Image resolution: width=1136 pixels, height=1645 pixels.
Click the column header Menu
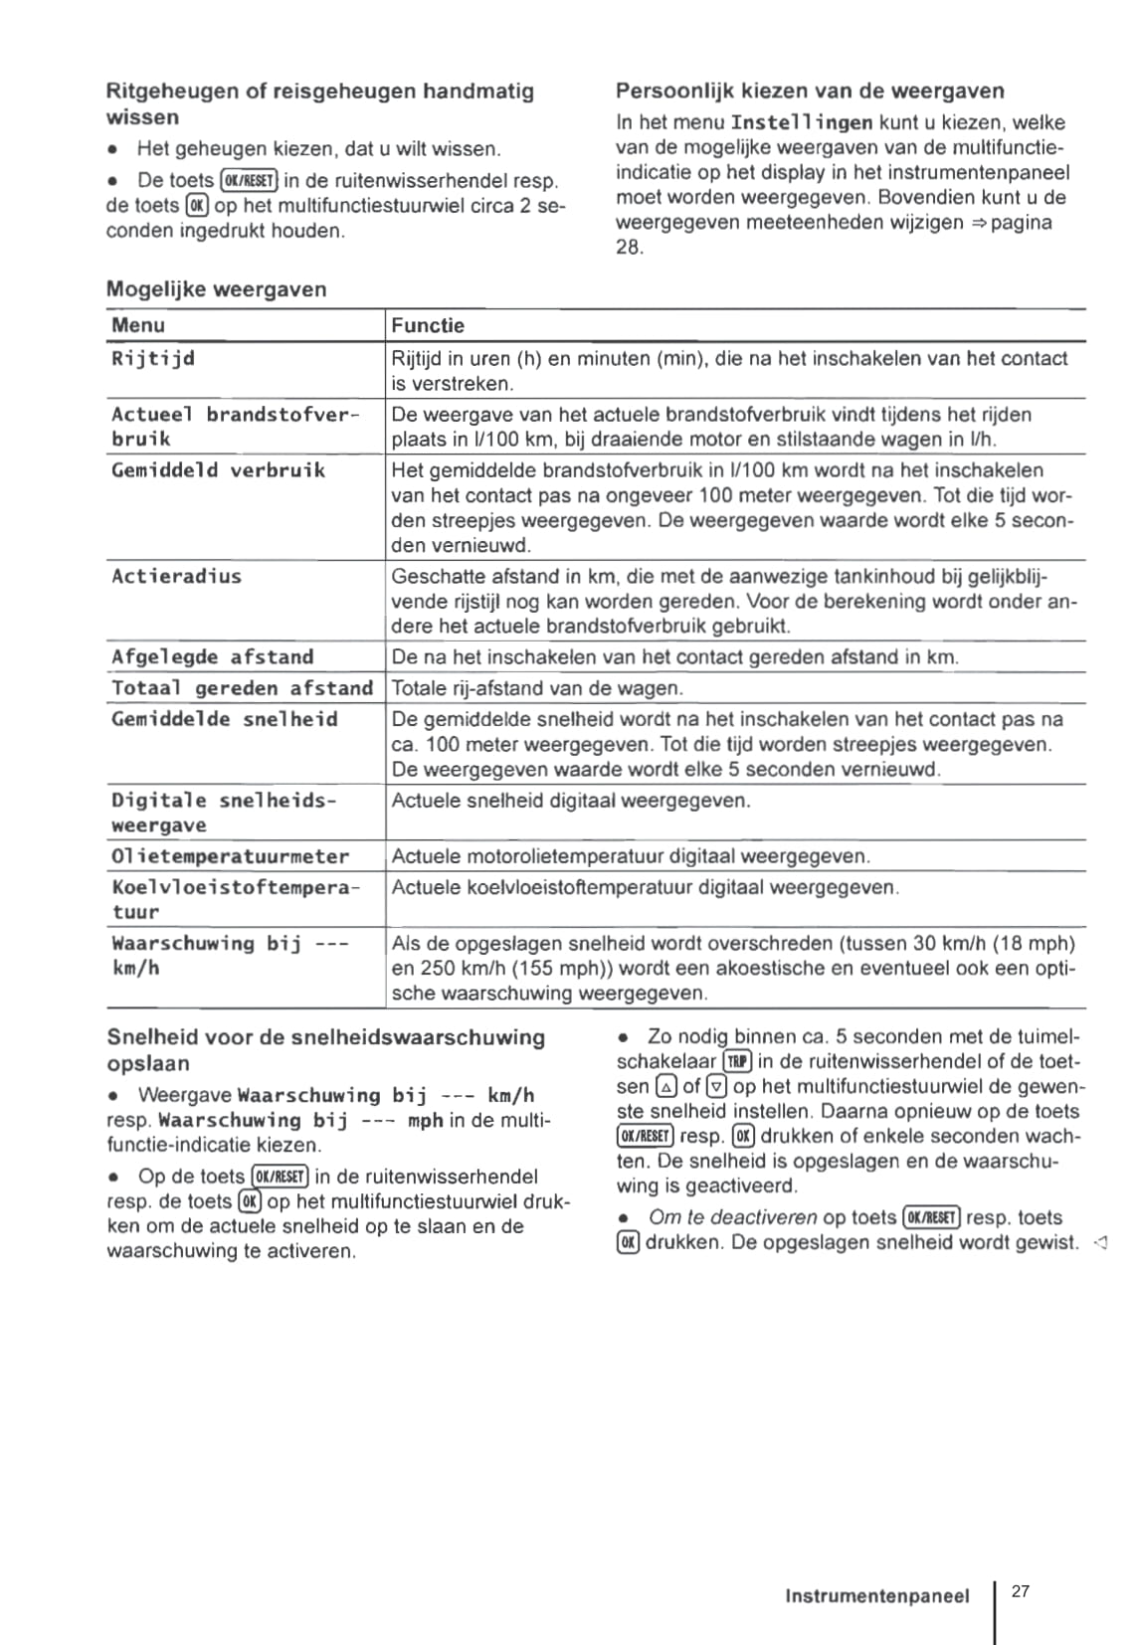(138, 325)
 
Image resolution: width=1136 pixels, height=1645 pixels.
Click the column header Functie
(428, 325)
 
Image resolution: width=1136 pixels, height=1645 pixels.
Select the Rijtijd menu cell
(153, 358)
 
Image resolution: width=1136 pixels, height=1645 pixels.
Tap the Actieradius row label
(176, 576)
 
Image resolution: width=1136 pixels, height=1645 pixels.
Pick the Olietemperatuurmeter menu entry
(230, 856)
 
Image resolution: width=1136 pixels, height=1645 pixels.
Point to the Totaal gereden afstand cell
(242, 688)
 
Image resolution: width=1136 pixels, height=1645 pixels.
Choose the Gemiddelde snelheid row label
(224, 719)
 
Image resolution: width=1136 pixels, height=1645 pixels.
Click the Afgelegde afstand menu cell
(212, 656)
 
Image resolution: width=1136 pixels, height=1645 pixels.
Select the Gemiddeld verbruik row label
(218, 470)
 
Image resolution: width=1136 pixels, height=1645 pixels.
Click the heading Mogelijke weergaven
(216, 289)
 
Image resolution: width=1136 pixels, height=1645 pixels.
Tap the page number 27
(1021, 1591)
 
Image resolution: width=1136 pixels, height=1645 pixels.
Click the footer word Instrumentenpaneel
(876, 1596)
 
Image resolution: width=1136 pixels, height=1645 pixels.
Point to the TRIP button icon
(738, 1062)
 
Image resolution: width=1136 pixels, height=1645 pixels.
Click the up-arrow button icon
(666, 1087)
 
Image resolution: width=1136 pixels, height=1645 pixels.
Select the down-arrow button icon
(716, 1087)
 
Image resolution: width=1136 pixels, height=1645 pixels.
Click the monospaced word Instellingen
(802, 123)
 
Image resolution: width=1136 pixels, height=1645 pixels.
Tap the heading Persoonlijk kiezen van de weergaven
(810, 91)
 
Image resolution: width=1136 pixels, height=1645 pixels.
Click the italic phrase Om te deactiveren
(732, 1217)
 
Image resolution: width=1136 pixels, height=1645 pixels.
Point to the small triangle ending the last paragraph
(1098, 1242)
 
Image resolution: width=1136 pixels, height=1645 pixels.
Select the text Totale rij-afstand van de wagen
(537, 688)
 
